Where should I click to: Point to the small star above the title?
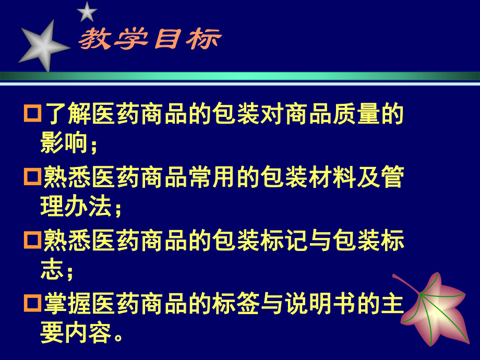(87, 11)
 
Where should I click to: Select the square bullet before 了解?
(32, 114)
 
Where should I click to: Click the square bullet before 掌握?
(32, 303)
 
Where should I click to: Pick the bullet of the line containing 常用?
(32, 177)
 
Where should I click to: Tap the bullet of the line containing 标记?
(32, 241)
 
